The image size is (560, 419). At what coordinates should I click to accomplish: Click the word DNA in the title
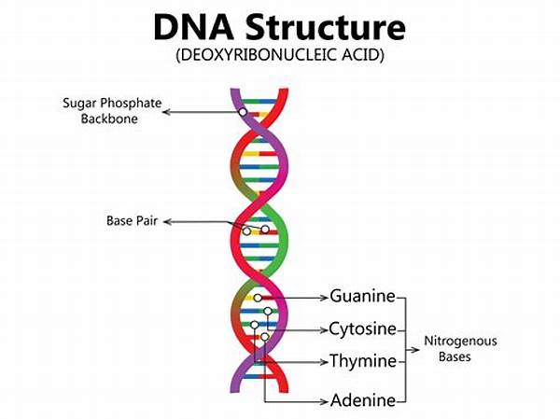pos(193,27)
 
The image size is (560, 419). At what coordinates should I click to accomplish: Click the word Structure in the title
pos(326,27)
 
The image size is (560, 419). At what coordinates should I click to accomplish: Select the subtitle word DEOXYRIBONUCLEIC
pos(259,55)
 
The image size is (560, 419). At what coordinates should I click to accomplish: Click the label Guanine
pos(362,296)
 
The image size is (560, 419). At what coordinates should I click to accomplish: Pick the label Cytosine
pos(362,328)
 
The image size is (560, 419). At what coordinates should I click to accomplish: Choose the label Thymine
pos(362,360)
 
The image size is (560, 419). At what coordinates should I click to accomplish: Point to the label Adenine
pos(363,400)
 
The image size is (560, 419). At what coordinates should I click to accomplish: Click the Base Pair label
pos(132,220)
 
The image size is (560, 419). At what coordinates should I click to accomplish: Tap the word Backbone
pos(109,119)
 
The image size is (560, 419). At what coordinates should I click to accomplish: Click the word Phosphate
pos(131,104)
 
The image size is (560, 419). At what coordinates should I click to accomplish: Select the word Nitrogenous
pos(460,341)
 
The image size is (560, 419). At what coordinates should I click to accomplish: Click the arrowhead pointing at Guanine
pos(324,297)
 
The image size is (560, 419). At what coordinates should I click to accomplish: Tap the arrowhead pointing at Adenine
pos(324,401)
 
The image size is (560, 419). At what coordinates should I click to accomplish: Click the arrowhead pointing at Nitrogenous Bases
pos(415,349)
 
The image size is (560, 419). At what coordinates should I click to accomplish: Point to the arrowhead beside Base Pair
pos(167,222)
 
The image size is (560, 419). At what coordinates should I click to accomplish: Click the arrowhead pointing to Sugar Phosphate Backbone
pos(167,112)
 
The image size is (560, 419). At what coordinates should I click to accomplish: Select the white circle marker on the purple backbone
pos(243,112)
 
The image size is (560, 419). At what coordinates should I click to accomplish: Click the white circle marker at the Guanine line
pos(258,298)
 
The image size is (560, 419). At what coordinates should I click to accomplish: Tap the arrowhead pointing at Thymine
pos(324,362)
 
